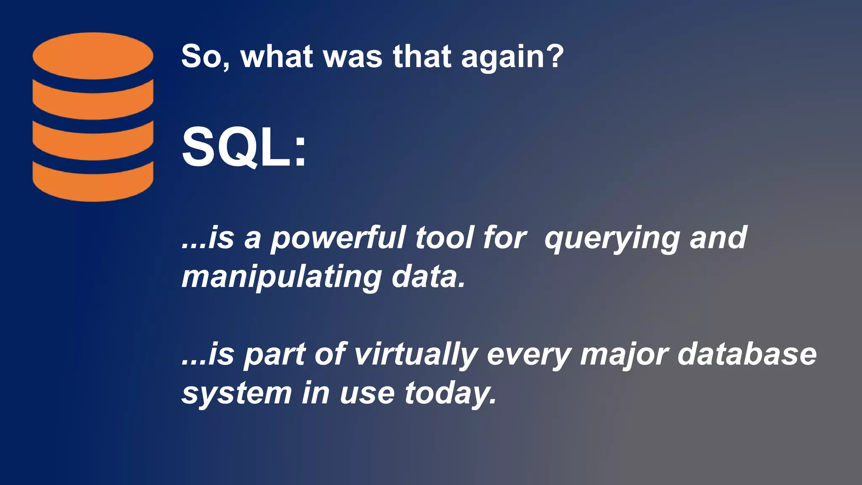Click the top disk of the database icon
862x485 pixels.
[x=93, y=56]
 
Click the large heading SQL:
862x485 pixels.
[x=244, y=148]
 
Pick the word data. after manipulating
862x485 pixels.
[x=428, y=277]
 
